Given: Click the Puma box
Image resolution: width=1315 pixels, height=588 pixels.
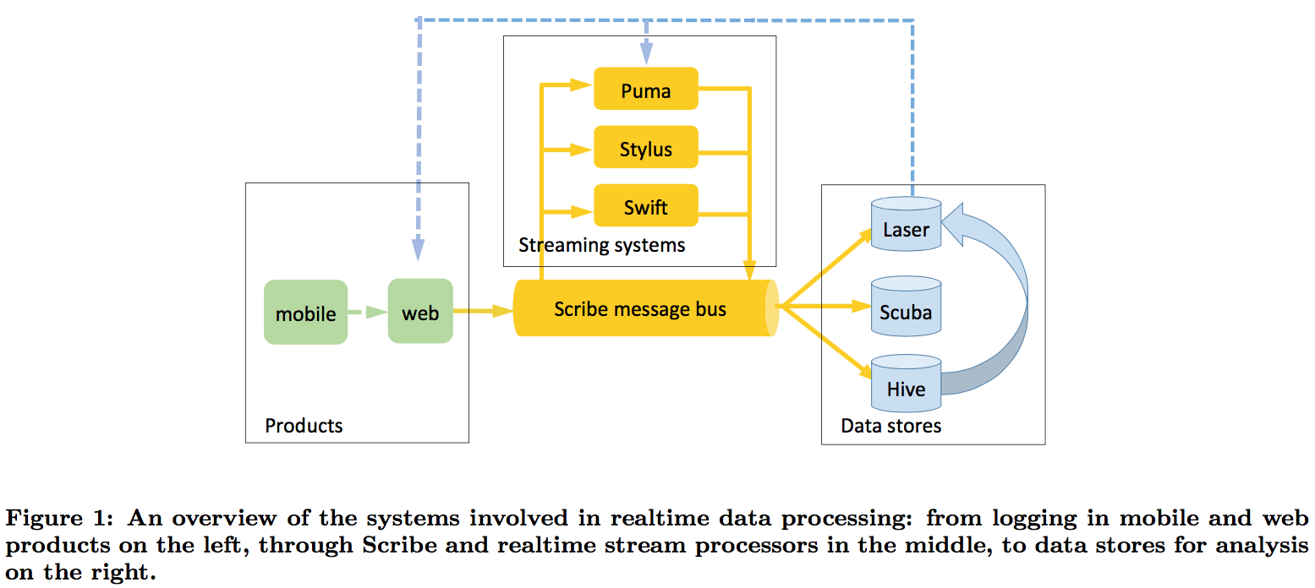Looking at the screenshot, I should [x=645, y=90].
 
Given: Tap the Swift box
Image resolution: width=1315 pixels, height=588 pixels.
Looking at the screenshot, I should [x=645, y=206].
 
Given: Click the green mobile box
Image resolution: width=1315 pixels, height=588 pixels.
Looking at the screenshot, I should [x=305, y=313].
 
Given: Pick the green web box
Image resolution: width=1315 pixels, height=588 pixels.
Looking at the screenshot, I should [x=420, y=312].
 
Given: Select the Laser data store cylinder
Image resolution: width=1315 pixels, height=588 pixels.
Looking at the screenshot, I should [x=906, y=226].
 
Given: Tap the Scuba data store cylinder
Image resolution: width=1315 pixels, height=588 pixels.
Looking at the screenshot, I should [x=906, y=308].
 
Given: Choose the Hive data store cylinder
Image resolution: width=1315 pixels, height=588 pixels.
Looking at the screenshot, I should [x=906, y=385].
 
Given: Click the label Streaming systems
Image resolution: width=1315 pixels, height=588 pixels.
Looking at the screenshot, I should [x=601, y=246].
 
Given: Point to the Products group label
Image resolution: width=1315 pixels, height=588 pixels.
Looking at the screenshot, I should [x=304, y=425].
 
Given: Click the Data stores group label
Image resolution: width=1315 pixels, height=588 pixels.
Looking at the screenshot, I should [x=890, y=425].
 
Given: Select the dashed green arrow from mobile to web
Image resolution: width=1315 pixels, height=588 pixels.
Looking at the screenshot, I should [x=367, y=313].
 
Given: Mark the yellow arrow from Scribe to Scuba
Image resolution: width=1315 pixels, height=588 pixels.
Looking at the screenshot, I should [x=825, y=307].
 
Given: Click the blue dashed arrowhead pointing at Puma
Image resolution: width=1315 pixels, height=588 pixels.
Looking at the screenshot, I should [x=646, y=54].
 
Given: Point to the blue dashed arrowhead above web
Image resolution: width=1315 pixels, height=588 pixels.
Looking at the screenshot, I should [x=419, y=248].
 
